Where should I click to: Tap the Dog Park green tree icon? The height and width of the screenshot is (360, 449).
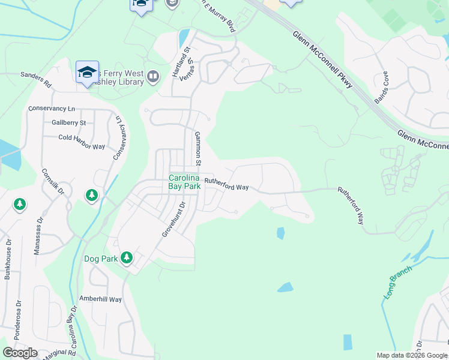click(x=126, y=258)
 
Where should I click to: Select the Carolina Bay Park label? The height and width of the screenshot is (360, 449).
click(x=185, y=182)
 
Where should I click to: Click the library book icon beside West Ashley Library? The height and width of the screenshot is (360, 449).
click(x=153, y=76)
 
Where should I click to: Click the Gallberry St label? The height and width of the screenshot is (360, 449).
click(x=69, y=122)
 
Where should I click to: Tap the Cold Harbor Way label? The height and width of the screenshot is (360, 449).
click(x=82, y=141)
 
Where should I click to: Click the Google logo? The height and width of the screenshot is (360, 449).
click(x=20, y=352)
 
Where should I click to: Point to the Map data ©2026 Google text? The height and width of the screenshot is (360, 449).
click(x=412, y=355)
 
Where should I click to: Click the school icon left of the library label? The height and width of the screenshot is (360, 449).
click(x=87, y=73)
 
